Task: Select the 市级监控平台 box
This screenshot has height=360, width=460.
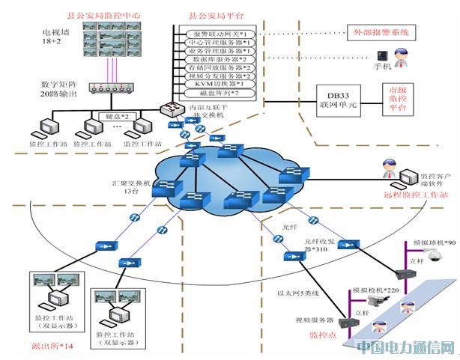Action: [396, 97]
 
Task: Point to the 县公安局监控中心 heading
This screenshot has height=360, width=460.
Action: [94, 15]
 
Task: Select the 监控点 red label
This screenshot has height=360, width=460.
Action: [322, 335]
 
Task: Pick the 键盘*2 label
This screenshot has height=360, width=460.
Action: [114, 118]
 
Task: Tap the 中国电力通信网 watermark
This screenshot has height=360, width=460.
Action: [405, 347]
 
